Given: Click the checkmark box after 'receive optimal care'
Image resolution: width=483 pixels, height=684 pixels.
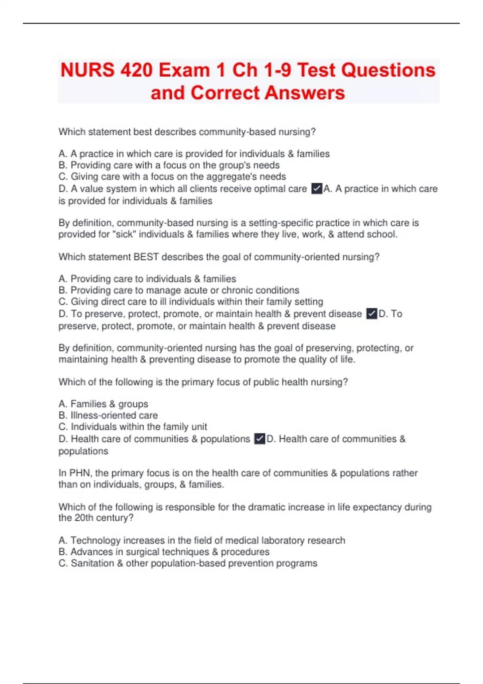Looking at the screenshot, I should [x=317, y=188].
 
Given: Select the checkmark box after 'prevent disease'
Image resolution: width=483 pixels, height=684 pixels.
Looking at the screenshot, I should [x=372, y=313].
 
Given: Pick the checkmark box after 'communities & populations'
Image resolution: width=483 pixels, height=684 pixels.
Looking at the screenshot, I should [x=260, y=439].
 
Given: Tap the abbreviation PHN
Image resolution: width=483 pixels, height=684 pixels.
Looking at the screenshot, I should [x=80, y=473].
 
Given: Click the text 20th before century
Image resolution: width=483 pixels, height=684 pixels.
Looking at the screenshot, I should [x=84, y=517].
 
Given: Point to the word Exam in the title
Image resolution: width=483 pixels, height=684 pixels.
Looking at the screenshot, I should [x=184, y=70].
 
